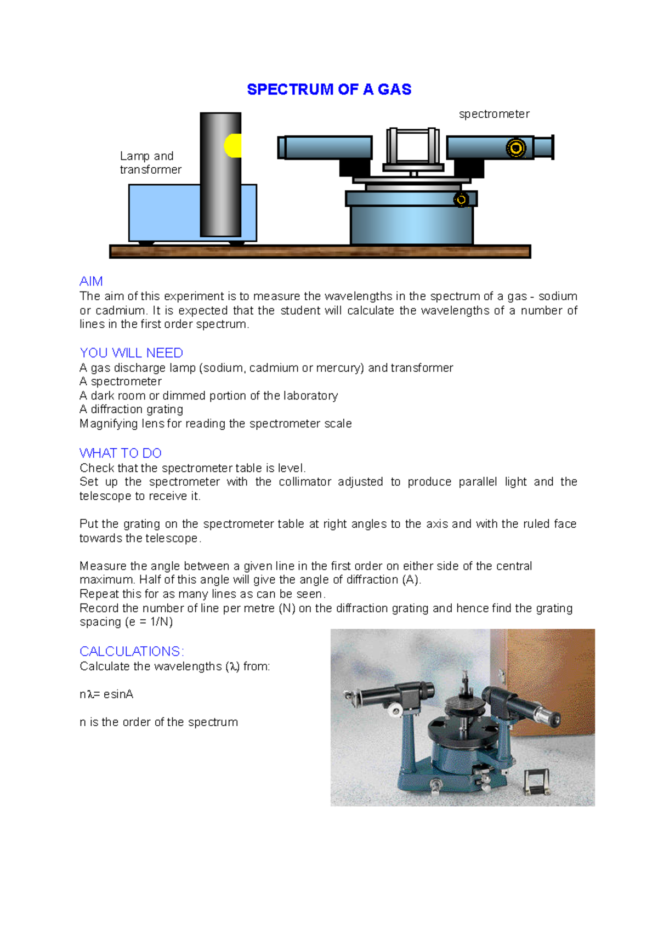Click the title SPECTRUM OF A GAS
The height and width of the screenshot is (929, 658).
(x=329, y=89)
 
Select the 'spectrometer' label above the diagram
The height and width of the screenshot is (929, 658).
(x=493, y=114)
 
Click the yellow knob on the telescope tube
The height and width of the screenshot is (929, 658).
(x=515, y=147)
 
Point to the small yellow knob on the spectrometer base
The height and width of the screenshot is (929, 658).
(x=461, y=200)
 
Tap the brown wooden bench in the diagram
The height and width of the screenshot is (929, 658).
(x=320, y=252)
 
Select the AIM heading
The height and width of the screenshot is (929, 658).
(x=91, y=281)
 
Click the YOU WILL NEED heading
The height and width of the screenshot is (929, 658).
(x=131, y=353)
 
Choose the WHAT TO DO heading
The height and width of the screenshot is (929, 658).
(x=120, y=453)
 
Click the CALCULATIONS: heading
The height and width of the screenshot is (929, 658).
(x=132, y=651)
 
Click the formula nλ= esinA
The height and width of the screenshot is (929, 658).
(x=106, y=694)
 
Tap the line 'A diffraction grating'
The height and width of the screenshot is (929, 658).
(x=131, y=409)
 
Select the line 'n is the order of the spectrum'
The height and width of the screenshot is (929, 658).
(x=158, y=722)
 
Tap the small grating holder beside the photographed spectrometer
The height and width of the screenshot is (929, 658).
(x=536, y=782)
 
